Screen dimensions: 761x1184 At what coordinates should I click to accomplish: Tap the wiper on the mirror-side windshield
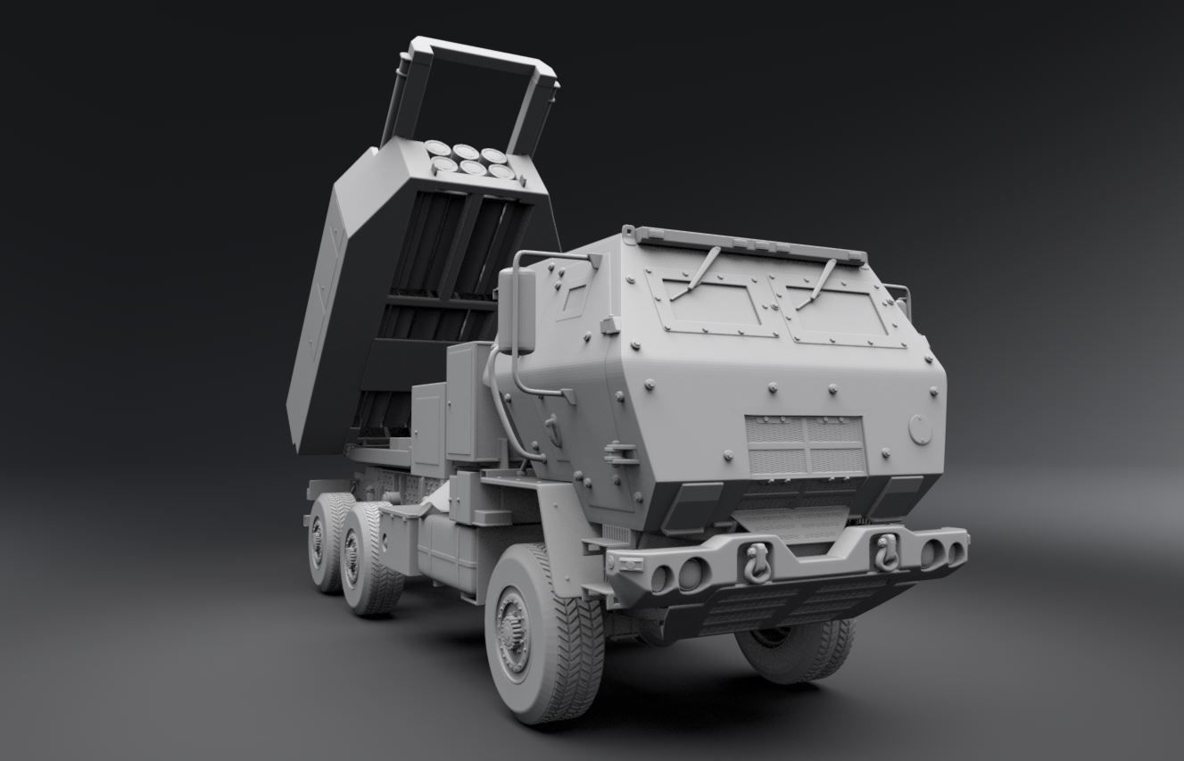(x=696, y=272)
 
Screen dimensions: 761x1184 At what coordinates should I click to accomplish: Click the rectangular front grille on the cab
(x=806, y=444)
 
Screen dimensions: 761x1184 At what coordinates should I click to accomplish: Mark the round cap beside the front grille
(x=920, y=429)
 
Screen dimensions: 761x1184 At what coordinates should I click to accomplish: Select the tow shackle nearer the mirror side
(x=757, y=563)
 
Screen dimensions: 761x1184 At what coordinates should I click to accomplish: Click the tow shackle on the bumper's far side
(x=886, y=552)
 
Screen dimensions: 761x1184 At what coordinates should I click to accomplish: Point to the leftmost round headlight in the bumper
(x=661, y=578)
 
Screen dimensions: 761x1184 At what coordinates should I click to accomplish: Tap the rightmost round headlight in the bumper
(x=955, y=552)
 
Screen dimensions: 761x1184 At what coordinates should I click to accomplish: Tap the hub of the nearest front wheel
(x=512, y=633)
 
